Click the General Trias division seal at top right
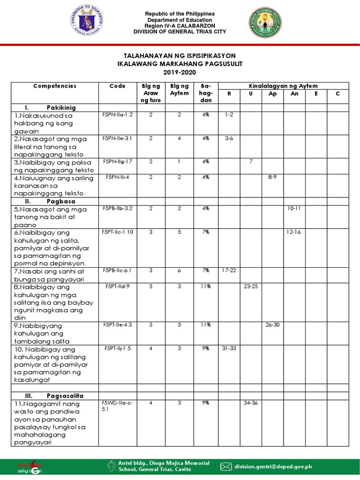266,22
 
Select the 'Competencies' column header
55,86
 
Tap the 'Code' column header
117,86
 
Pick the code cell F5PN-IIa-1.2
117,115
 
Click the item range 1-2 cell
229,115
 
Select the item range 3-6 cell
229,138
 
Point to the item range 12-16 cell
294,232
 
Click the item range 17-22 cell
230,270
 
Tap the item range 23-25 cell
251,286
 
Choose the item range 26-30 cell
272,325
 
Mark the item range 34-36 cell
251,403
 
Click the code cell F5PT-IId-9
117,286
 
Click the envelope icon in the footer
226,466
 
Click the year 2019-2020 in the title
180,72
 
